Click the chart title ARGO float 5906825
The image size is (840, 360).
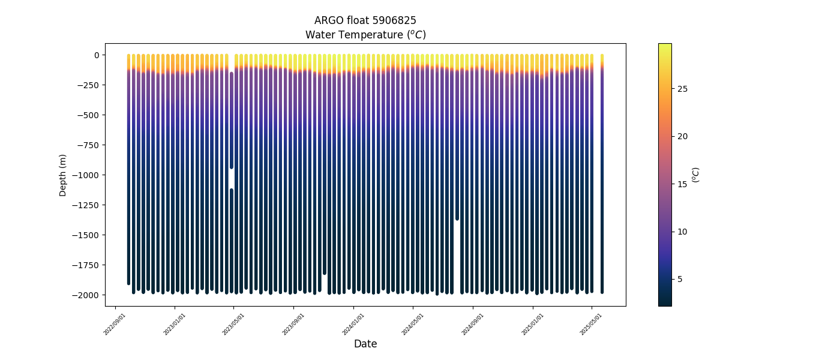tap(365, 20)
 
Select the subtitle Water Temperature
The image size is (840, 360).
tap(365, 35)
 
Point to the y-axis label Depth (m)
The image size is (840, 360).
tap(63, 175)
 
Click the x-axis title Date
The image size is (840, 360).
tap(365, 344)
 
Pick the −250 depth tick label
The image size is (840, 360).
tap(89, 85)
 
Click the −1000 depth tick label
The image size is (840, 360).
tap(86, 175)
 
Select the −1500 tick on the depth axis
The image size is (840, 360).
tap(86, 235)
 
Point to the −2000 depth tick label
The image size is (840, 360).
tap(86, 295)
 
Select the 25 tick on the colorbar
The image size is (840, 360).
tap(682, 89)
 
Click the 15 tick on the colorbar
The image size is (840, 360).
tap(682, 184)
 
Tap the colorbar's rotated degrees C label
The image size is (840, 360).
tap(695, 175)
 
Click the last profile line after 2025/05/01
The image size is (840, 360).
tap(602, 174)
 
